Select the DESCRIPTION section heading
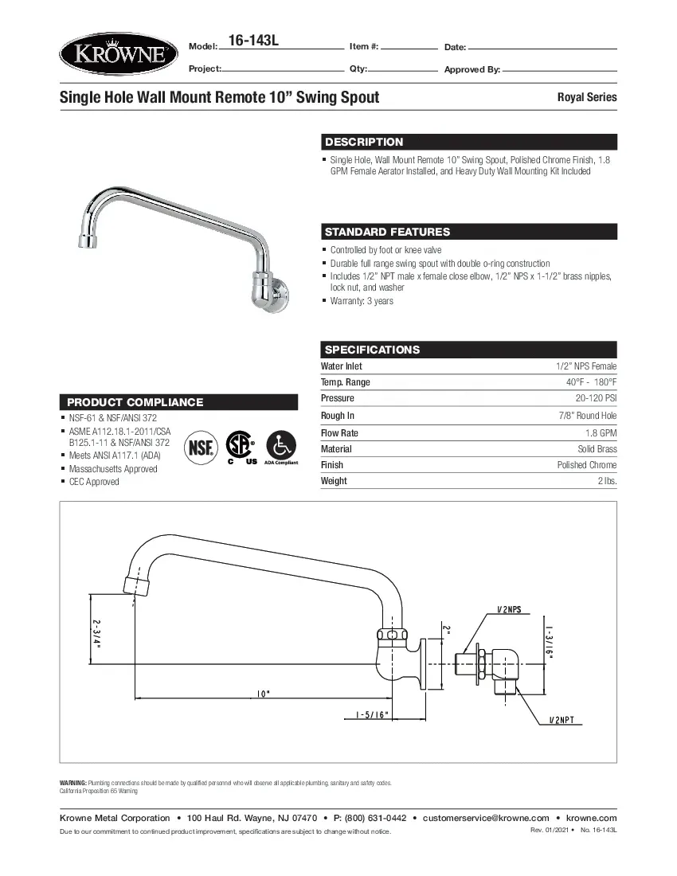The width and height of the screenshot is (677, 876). (x=364, y=142)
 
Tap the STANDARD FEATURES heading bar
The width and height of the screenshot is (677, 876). (x=387, y=232)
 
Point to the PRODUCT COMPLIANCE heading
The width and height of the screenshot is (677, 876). (x=135, y=402)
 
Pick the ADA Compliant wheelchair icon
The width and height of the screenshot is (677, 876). (x=279, y=444)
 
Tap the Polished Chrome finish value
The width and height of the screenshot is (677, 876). (x=586, y=465)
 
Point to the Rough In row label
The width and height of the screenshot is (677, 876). (x=338, y=416)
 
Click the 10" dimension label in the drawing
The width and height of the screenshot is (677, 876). (x=263, y=693)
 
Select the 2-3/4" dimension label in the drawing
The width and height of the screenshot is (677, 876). (x=96, y=634)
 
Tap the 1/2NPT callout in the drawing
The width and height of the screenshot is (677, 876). (x=566, y=721)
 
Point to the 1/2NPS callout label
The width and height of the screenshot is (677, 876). (x=508, y=609)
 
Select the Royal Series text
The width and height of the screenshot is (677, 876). (x=586, y=97)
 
